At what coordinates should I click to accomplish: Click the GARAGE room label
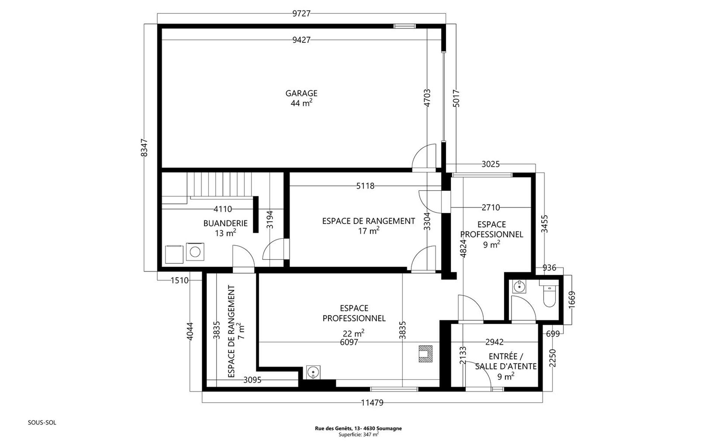(x=301, y=93)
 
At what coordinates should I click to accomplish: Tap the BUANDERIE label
(x=225, y=223)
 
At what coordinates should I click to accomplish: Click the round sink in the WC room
(x=519, y=287)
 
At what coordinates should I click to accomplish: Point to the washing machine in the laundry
(x=195, y=252)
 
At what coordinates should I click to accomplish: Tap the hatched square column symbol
(x=425, y=354)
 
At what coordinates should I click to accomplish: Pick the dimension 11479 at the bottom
(x=372, y=402)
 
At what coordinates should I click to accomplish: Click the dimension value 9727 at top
(x=301, y=14)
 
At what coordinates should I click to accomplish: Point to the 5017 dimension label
(x=456, y=98)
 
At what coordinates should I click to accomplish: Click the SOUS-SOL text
(x=42, y=423)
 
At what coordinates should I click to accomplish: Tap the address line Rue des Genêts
(x=358, y=428)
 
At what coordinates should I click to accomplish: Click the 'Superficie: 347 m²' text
(x=358, y=434)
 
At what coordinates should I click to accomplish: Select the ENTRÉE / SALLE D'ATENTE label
(x=506, y=362)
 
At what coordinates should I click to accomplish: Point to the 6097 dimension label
(x=349, y=342)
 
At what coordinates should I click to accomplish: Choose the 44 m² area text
(x=301, y=103)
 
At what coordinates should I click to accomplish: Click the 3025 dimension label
(x=490, y=164)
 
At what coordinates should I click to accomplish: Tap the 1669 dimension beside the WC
(x=572, y=299)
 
